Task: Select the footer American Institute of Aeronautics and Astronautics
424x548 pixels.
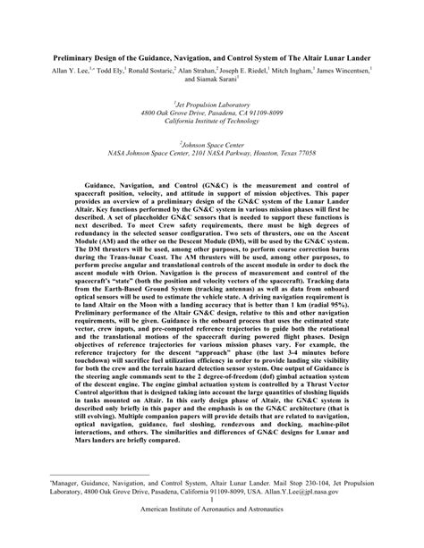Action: click(x=211, y=536)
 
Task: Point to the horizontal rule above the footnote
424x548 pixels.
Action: click(x=98, y=493)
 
